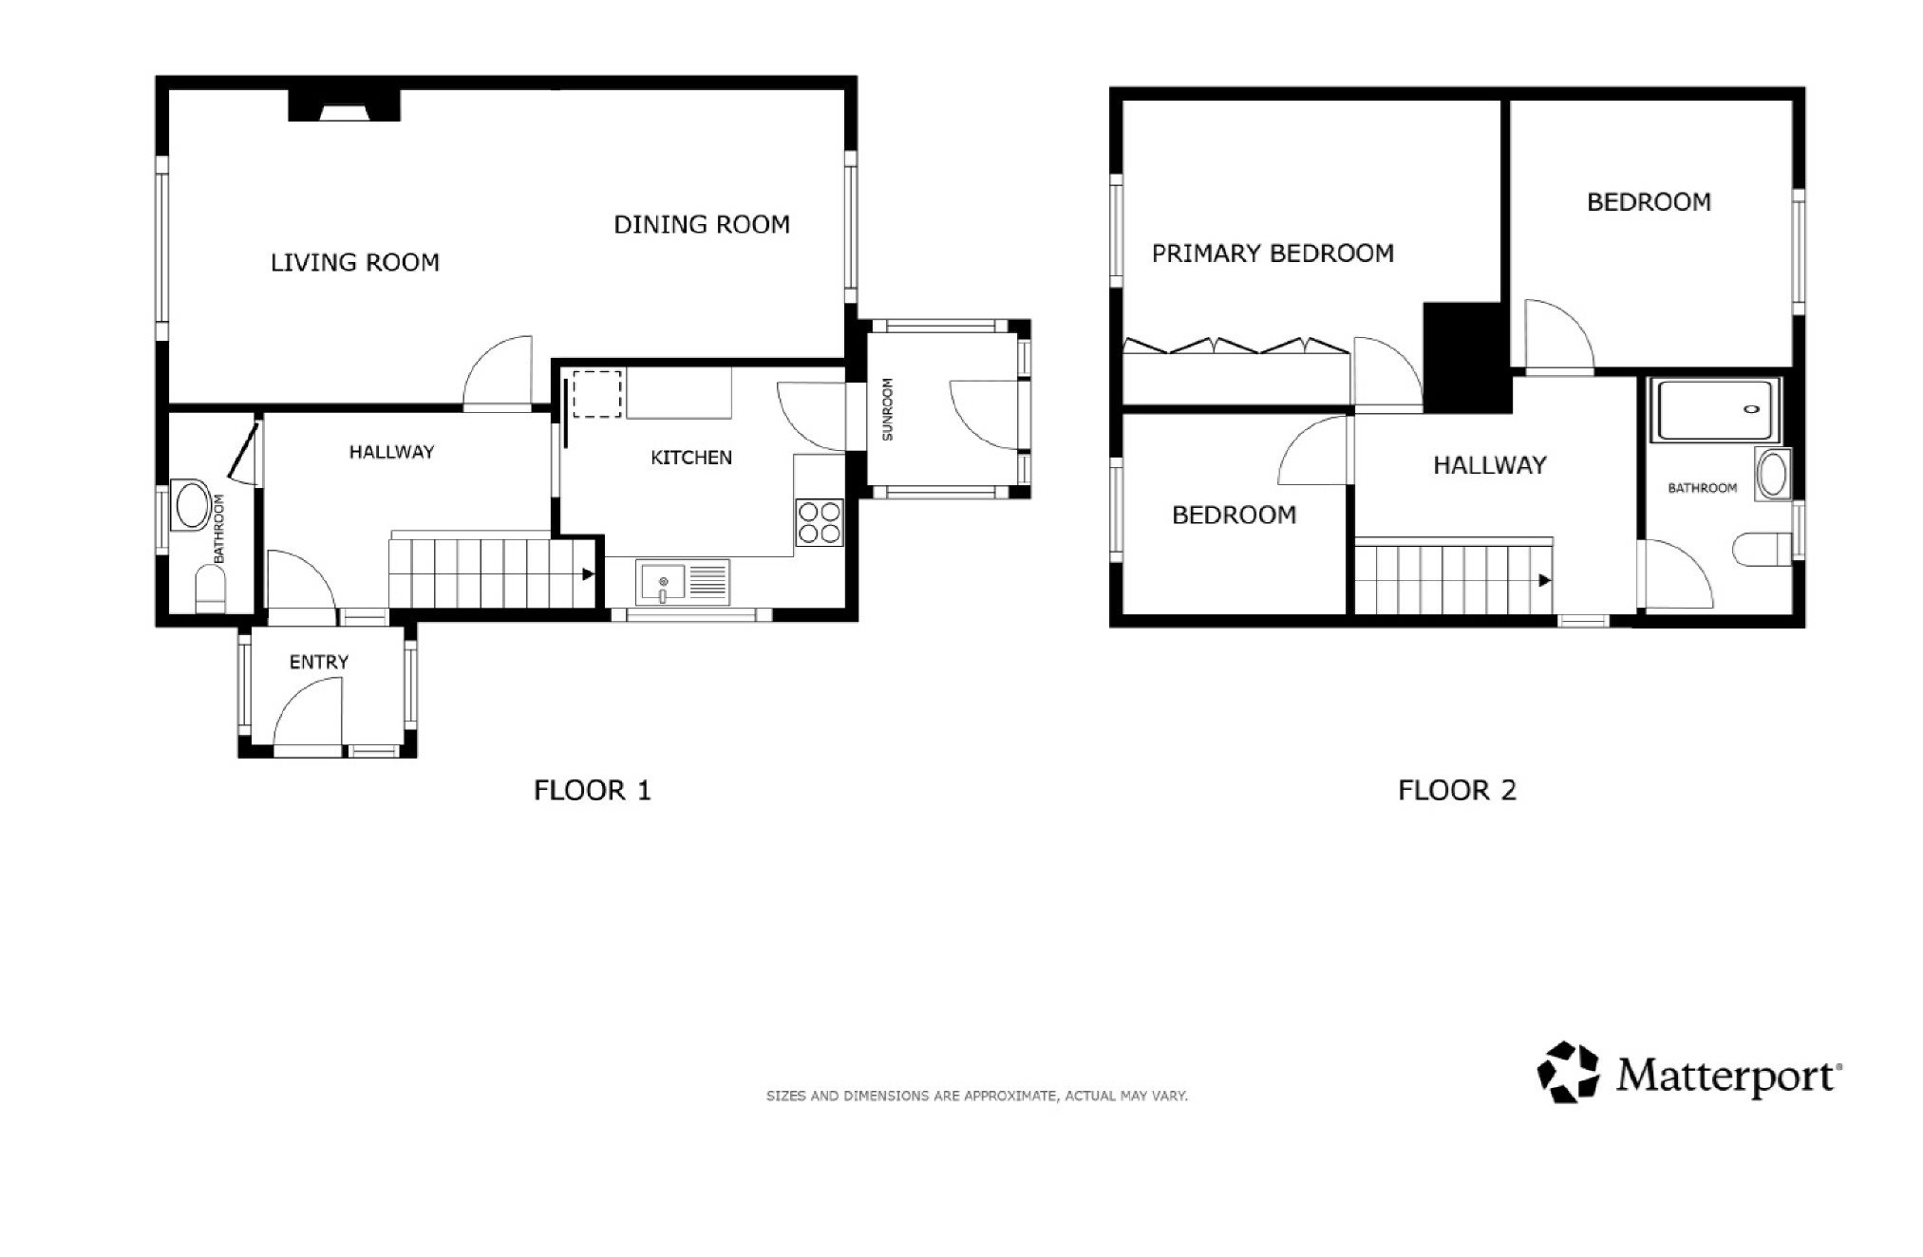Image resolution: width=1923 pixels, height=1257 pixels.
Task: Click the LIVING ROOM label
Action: (355, 262)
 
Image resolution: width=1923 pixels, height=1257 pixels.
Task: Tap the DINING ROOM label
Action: (702, 225)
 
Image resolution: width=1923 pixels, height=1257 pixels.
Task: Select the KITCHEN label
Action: (691, 458)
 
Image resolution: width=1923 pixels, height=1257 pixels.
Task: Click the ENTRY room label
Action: (319, 662)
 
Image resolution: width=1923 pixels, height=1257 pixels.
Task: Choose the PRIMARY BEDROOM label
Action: (1273, 253)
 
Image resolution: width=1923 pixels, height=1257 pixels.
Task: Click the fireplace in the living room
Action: (344, 105)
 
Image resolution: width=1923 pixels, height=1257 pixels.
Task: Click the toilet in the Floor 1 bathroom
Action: (210, 590)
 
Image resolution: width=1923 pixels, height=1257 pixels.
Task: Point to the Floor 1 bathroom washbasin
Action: (193, 507)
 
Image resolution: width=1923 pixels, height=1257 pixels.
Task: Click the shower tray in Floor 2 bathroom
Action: (1714, 410)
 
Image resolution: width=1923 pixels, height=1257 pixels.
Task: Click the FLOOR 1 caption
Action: (593, 790)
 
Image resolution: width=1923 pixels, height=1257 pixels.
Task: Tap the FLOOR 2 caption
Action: (1457, 790)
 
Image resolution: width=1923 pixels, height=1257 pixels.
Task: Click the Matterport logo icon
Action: (1568, 1072)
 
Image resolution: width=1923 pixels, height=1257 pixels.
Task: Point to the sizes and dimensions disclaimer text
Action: (977, 1096)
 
